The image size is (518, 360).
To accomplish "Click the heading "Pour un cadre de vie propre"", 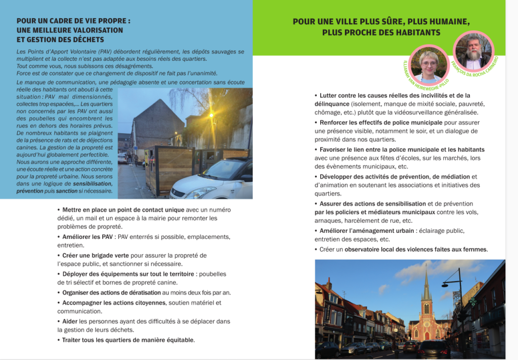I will click(x=73, y=21).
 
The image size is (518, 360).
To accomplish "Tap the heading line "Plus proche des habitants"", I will click(x=381, y=32).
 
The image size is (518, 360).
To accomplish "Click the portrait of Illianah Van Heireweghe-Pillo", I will click(x=428, y=65).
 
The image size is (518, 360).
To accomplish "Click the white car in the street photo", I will click(x=215, y=181).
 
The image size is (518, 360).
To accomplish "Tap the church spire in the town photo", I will click(x=426, y=287).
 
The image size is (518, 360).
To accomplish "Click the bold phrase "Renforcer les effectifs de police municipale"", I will click(x=374, y=123).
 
